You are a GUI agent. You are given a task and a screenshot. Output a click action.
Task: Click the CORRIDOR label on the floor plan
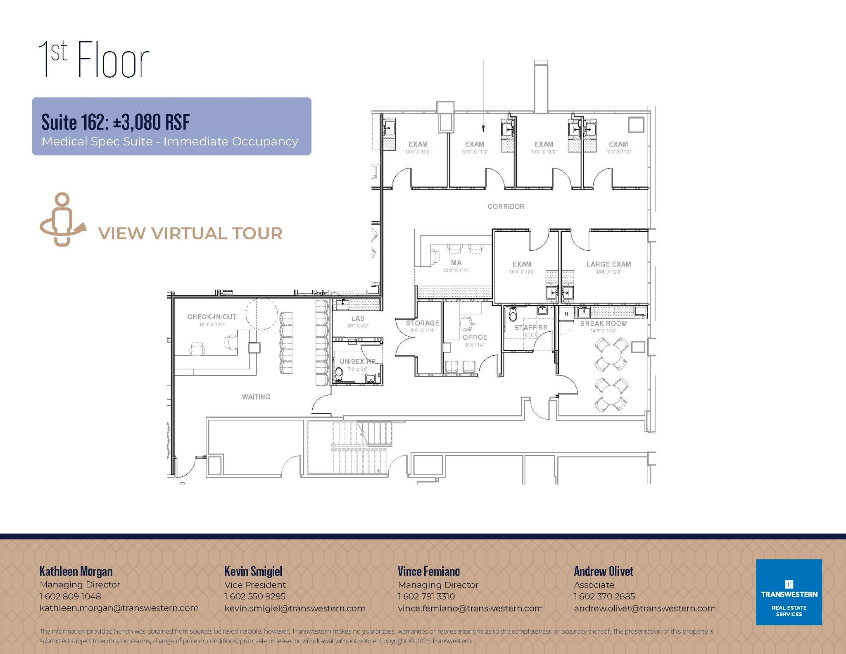coord(506,207)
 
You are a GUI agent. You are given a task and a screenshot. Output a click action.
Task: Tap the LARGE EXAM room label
coord(608,264)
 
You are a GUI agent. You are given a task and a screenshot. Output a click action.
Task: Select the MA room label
coord(456,263)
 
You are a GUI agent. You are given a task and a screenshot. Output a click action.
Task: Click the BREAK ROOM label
coord(603,323)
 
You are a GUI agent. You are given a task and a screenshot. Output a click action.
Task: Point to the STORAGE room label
coord(422,323)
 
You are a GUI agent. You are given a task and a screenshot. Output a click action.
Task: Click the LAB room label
coord(358,319)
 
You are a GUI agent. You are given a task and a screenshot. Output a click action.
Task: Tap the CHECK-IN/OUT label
coord(212,317)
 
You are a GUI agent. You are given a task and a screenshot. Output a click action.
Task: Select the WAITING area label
coord(256,397)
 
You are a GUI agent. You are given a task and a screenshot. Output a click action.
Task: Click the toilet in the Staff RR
coord(513,315)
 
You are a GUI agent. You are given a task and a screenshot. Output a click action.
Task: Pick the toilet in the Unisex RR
coord(339,373)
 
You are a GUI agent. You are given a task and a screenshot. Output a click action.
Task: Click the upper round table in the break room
coord(611,354)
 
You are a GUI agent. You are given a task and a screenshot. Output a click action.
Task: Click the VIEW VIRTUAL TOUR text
coord(190,233)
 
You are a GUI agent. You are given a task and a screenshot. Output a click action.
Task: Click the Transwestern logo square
coord(789,592)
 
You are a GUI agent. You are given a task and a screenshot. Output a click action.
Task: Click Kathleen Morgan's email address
coord(119,608)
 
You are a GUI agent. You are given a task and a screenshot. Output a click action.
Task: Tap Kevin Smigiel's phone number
coord(255,596)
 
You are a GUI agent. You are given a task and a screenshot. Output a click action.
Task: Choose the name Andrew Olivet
coord(603,571)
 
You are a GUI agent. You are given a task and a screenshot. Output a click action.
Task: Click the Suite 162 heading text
coord(115,122)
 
